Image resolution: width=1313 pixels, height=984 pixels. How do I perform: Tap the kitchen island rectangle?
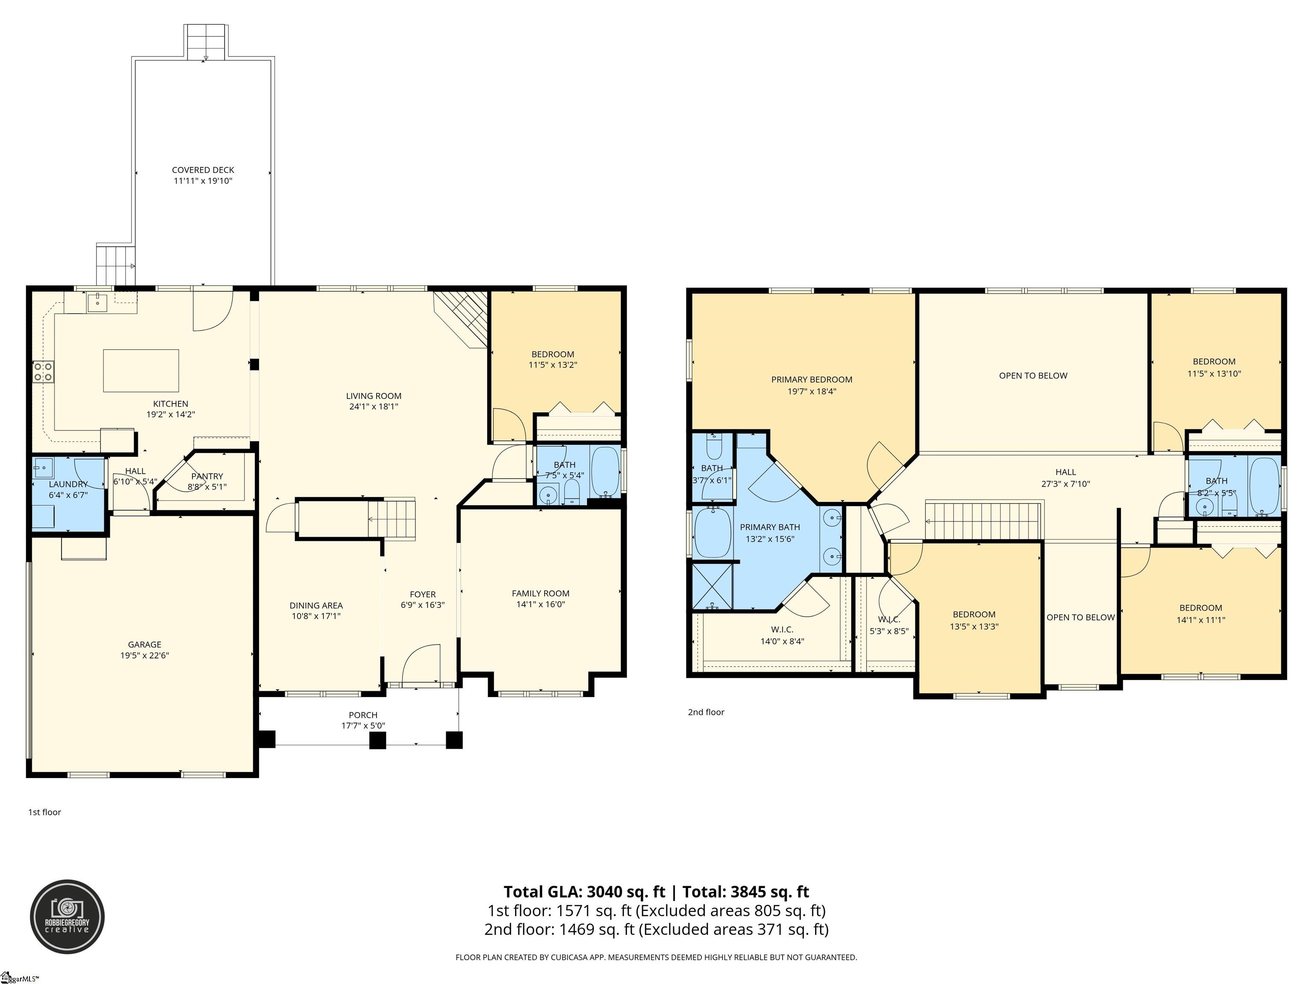141,371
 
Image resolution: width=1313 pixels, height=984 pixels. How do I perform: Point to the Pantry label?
207,476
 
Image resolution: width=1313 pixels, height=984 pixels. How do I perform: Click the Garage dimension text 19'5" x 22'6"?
145,656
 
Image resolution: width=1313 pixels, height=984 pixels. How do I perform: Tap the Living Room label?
374,395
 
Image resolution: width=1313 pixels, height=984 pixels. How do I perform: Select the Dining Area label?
316,606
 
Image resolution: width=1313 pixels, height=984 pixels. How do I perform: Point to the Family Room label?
541,593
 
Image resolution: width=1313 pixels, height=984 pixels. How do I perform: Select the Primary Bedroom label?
812,380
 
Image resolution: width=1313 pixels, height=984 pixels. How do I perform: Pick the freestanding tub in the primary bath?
713,533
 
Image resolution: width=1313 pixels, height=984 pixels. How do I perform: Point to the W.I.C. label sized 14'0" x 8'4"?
782,630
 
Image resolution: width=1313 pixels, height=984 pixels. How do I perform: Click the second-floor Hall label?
1066,472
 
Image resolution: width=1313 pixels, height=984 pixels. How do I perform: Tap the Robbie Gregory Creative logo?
68,917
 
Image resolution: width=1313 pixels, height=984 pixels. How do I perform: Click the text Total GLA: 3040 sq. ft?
584,891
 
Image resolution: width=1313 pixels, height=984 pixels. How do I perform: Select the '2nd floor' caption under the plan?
707,712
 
